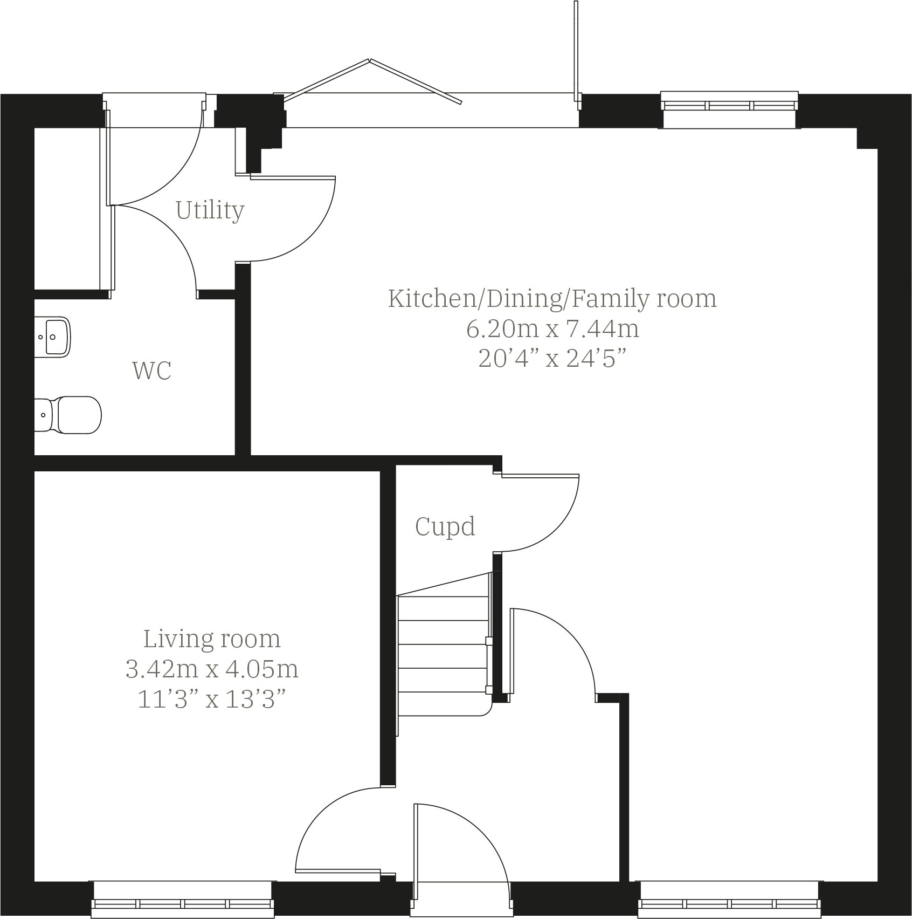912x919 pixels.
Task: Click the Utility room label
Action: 210,210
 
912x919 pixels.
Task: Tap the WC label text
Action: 151,371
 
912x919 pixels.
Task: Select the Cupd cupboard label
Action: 445,526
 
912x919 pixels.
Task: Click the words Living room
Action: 212,639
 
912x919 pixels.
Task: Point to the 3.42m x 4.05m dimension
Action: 212,669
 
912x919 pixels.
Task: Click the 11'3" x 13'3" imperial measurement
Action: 212,699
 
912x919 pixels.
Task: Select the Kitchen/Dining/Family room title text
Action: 552,298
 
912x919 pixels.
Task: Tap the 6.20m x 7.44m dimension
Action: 552,328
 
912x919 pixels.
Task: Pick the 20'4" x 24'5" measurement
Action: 552,359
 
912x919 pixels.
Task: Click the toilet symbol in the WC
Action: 70,415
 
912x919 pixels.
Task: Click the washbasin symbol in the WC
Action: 53,337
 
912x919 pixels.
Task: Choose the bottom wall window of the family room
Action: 729,901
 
